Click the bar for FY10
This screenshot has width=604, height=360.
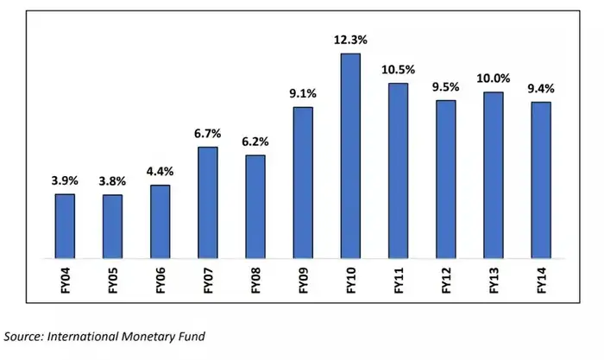[x=350, y=155]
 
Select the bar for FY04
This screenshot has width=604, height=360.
[x=66, y=226]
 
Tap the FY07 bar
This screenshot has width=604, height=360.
[x=208, y=203]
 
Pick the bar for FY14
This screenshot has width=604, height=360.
[x=541, y=180]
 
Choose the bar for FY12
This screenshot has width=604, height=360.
[x=446, y=180]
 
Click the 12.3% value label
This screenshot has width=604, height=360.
[x=350, y=40]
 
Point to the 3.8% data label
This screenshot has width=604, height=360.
[x=113, y=181]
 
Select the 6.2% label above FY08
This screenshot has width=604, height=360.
[x=255, y=142]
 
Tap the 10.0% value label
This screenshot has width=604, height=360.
[x=494, y=79]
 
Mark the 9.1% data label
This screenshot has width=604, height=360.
[x=303, y=94]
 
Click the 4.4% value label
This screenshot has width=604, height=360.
[x=160, y=172]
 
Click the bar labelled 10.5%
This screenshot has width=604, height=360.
[x=398, y=171]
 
